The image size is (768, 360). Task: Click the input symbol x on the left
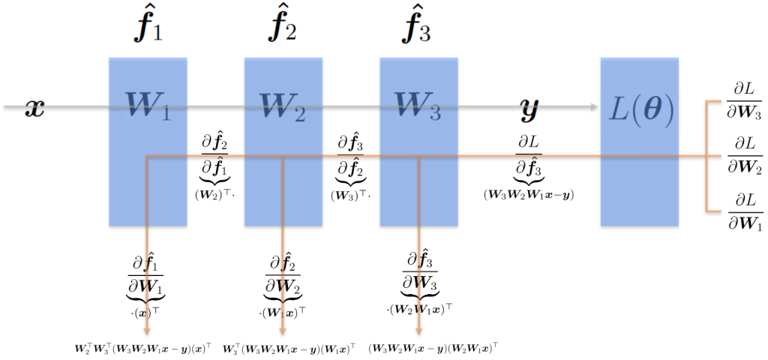tap(34, 109)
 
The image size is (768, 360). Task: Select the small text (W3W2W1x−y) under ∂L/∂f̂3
tap(528, 195)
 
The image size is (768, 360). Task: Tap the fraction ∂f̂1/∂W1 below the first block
tap(145, 276)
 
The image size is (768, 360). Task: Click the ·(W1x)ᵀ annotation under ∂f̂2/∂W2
tap(283, 311)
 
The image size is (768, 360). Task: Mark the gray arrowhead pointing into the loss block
tap(594, 106)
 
